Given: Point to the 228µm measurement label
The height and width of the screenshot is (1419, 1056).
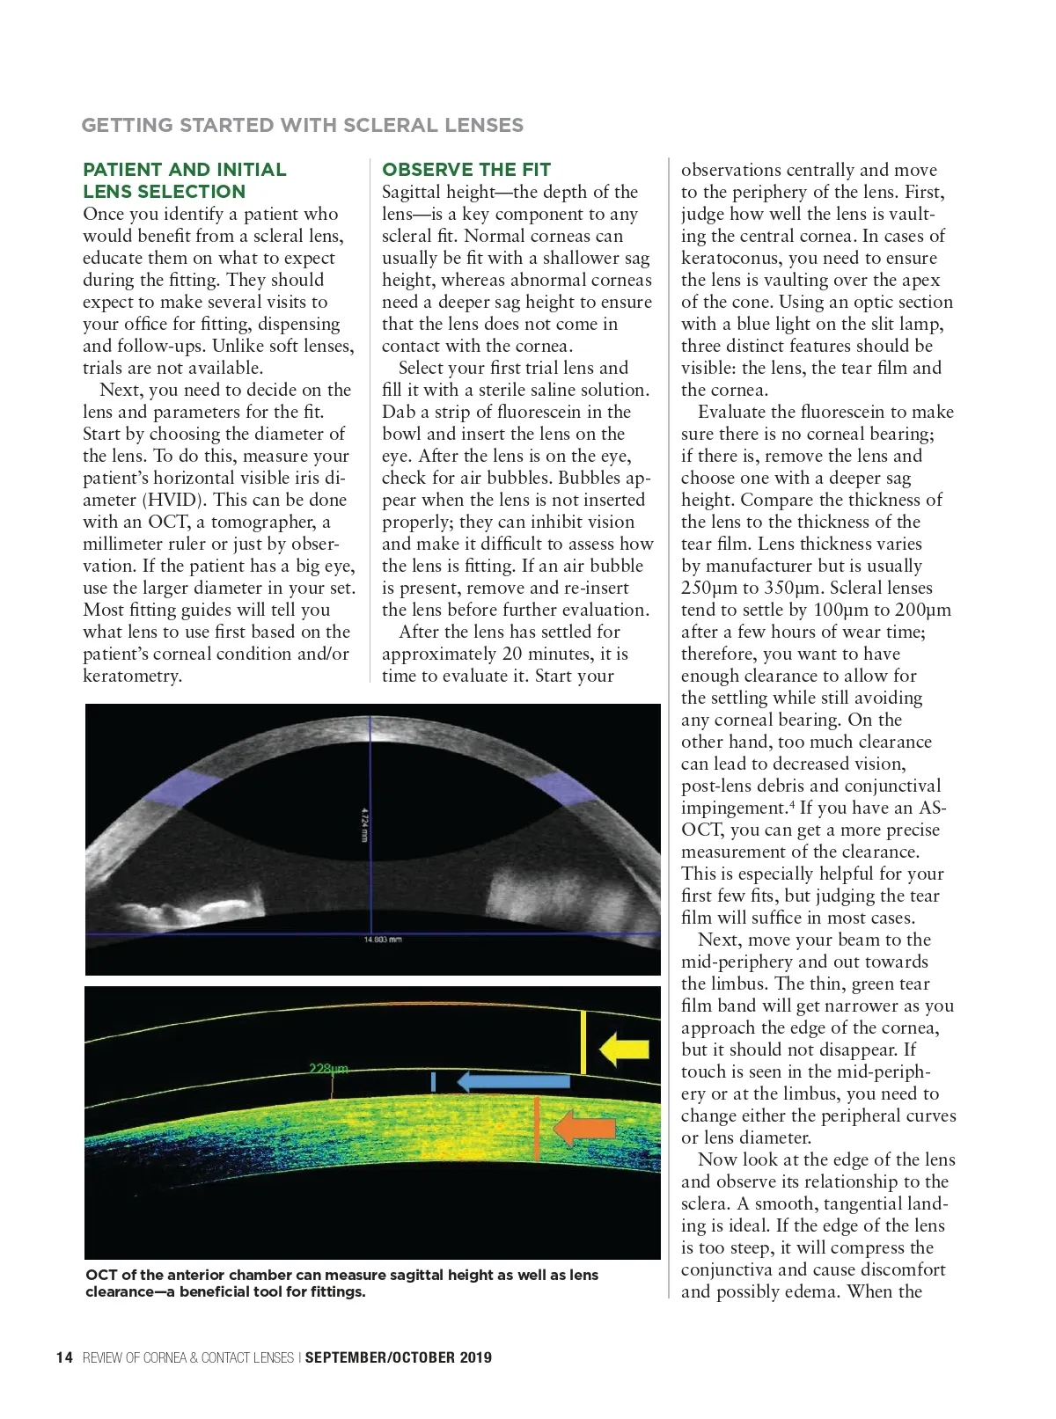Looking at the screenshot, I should pos(328,1068).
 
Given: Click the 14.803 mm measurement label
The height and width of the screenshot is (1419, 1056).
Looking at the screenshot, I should pos(383,940).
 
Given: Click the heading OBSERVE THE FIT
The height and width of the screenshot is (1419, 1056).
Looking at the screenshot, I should pos(466,170).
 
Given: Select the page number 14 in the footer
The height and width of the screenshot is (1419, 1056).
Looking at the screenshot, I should pos(64,1357).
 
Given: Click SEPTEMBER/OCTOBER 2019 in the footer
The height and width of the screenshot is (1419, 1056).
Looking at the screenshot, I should pos(399,1357).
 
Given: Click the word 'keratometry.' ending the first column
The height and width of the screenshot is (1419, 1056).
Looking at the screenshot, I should pos(132,676).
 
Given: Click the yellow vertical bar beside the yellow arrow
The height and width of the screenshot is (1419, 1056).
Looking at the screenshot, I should pos(583,1042).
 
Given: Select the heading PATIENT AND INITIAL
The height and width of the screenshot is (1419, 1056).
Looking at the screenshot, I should pos(185,170).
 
